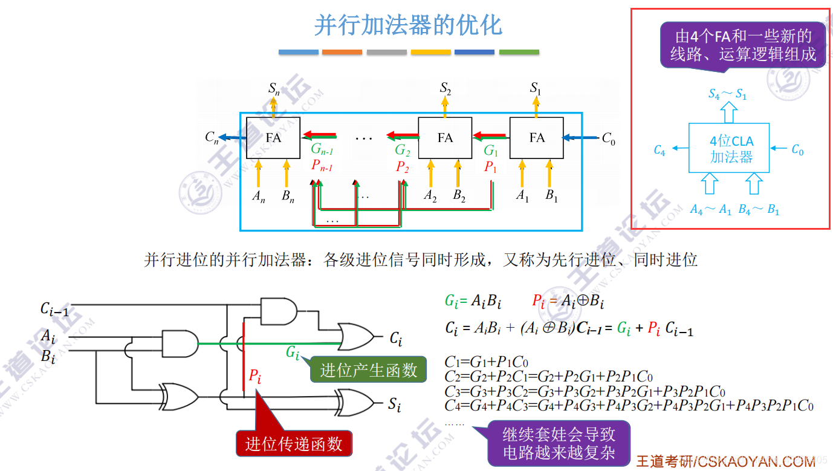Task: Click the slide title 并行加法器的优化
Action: click(408, 25)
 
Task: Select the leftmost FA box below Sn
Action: click(273, 138)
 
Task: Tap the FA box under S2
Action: click(445, 138)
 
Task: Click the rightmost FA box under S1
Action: click(537, 138)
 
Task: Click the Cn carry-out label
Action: click(212, 138)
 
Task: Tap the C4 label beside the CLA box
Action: click(660, 151)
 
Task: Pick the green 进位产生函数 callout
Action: click(368, 371)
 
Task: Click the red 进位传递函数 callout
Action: click(294, 444)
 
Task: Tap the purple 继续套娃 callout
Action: click(559, 443)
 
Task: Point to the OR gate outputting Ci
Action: click(357, 336)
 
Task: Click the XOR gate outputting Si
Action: click(356, 402)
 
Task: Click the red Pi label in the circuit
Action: click(255, 376)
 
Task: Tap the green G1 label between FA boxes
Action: click(491, 151)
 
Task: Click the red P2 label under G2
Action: click(403, 167)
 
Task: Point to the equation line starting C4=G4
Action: click(629, 405)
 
